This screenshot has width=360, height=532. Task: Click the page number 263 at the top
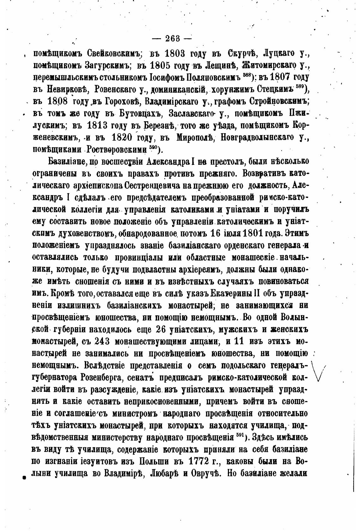pyautogui.click(x=172, y=39)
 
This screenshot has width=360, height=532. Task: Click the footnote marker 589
pyautogui.click(x=300, y=87)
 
